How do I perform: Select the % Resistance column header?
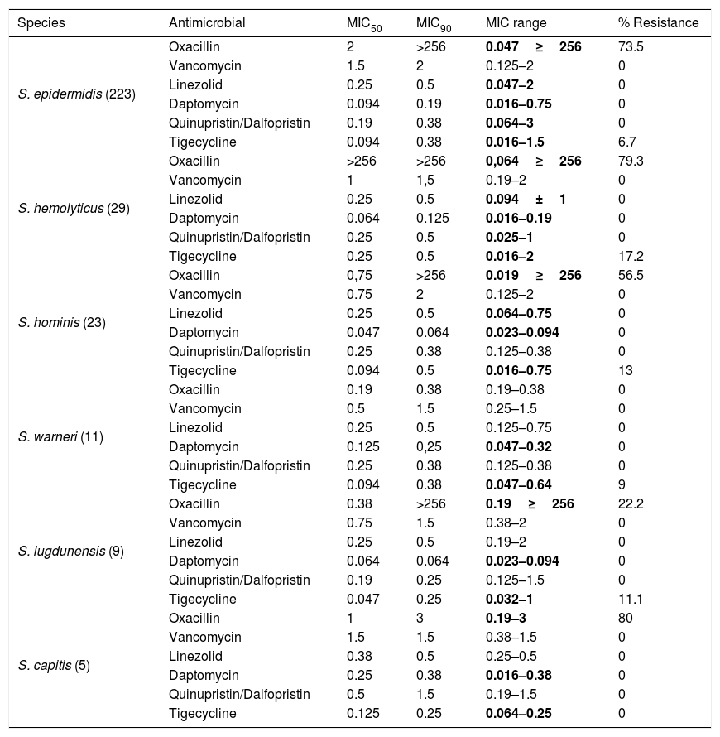point(658,22)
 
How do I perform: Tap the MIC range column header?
point(516,22)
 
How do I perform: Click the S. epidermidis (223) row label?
point(77,94)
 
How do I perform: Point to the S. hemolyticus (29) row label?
point(74,208)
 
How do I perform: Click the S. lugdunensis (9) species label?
point(71,551)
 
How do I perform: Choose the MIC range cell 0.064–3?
point(509,123)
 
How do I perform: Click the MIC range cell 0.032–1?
point(509,599)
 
